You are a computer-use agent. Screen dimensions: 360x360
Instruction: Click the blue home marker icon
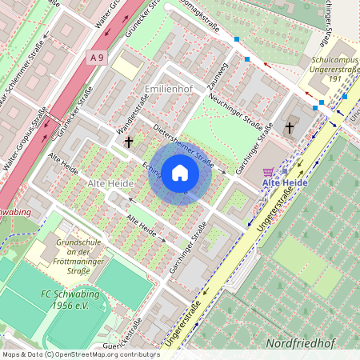pyautogui.click(x=180, y=173)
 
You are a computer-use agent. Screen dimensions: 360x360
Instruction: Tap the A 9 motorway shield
pyautogui.click(x=97, y=57)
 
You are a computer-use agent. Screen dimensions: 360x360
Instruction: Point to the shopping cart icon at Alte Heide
pyautogui.click(x=268, y=171)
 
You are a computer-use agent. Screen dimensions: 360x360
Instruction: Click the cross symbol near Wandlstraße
pyautogui.click(x=128, y=142)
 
